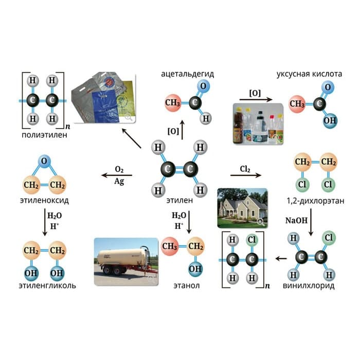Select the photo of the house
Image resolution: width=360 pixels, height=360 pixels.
pos(242,208)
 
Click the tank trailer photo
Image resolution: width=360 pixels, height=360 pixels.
pos(126,260)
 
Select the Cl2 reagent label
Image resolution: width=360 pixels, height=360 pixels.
pos(245,168)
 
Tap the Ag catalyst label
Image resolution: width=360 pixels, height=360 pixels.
pos(119,181)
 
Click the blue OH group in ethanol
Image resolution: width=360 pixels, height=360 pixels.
pos(195,268)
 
